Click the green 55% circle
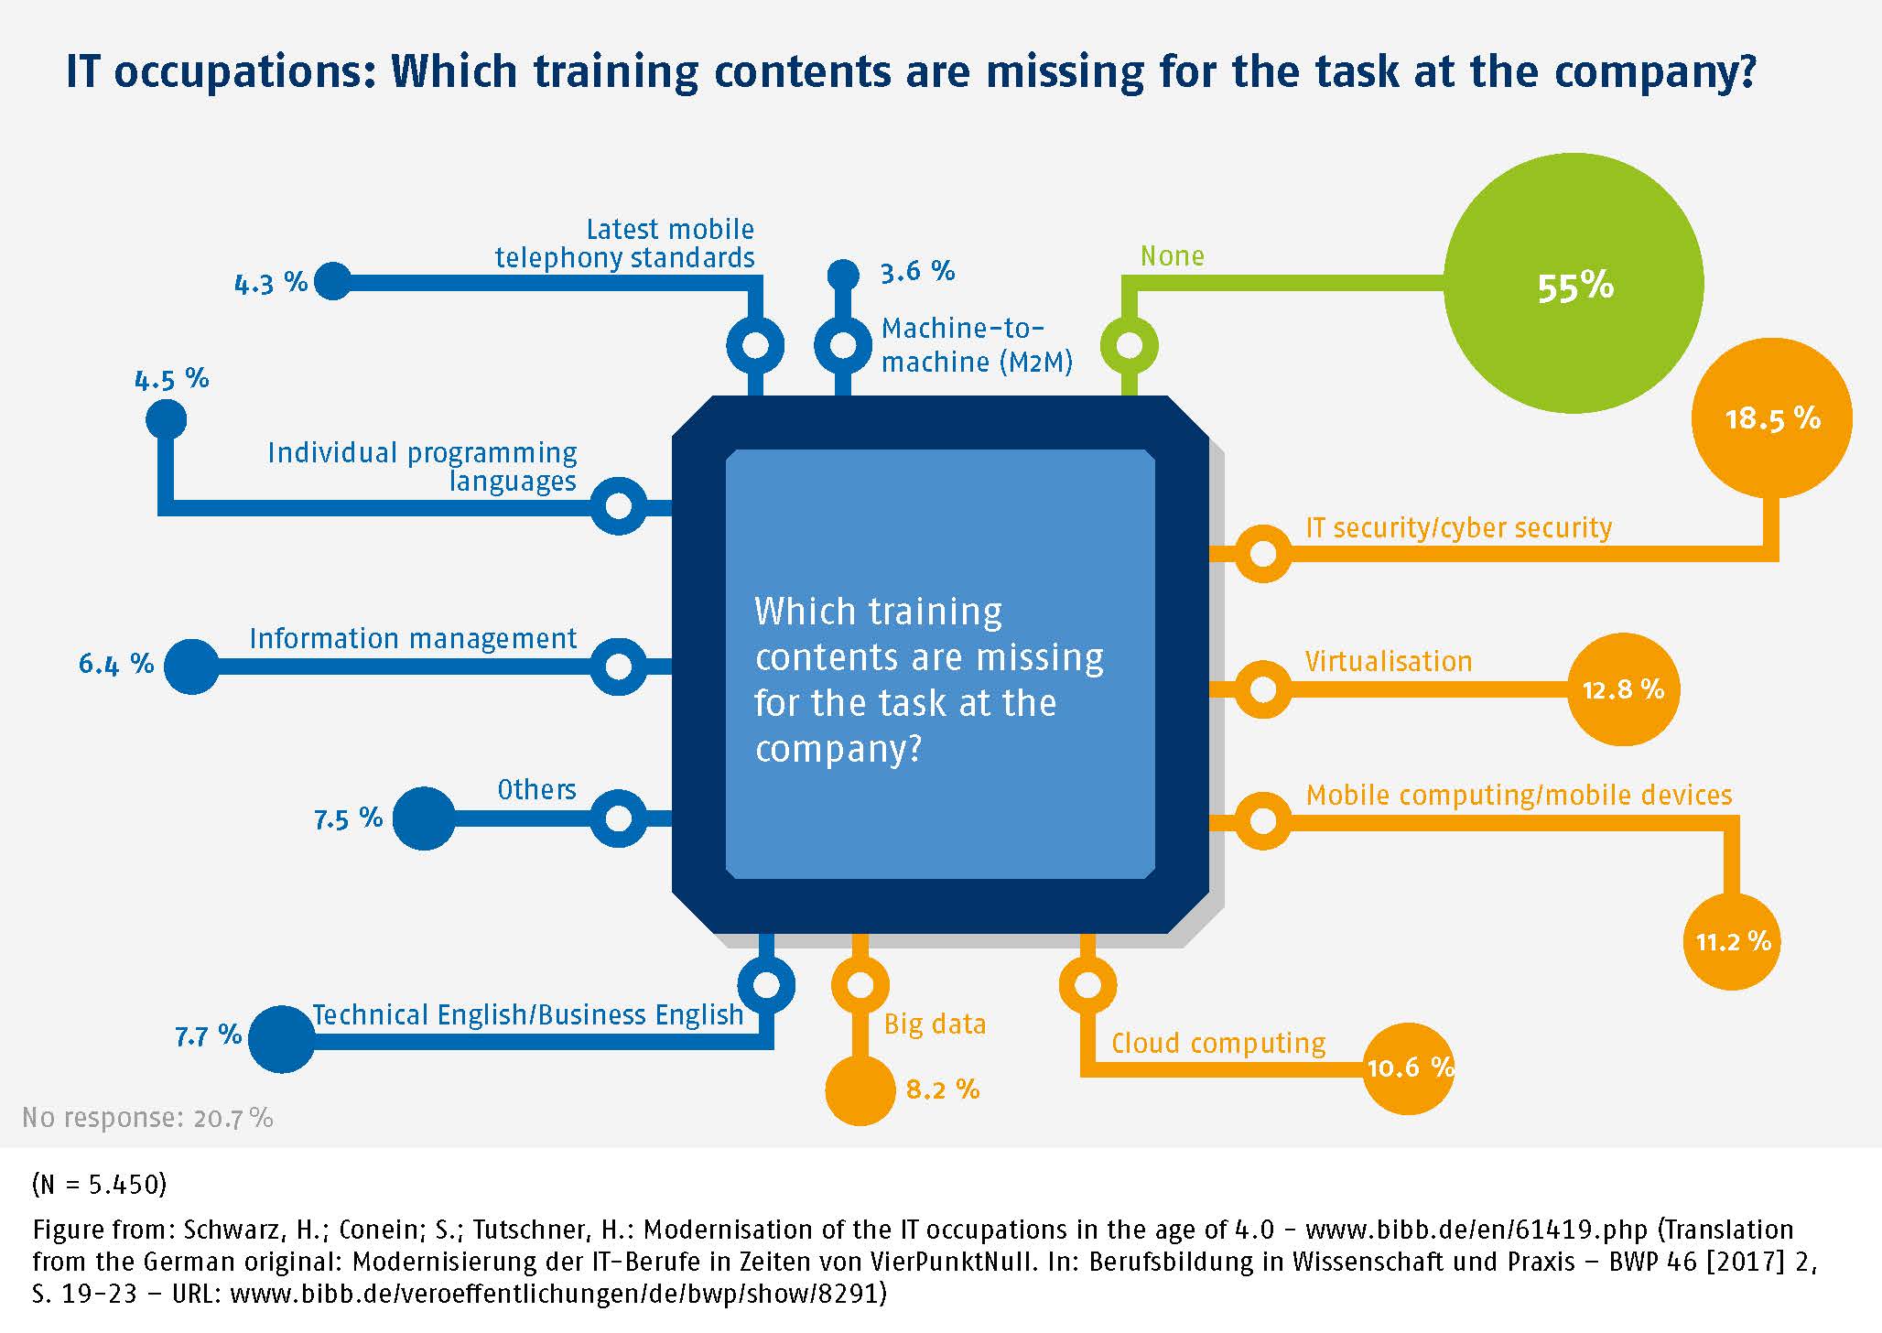(1573, 284)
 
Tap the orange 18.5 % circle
(1772, 418)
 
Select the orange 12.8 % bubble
(1623, 689)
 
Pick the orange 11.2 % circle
(1732, 941)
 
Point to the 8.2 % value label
(943, 1089)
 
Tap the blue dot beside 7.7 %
(282, 1039)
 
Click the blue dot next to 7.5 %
(424, 818)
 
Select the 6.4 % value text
(116, 664)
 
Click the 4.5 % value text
(172, 379)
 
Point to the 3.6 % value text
(917, 272)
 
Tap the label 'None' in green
(1172, 256)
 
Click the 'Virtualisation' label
(1389, 661)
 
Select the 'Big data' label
(935, 1024)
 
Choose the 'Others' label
(536, 789)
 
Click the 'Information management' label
(413, 638)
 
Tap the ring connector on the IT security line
(1263, 553)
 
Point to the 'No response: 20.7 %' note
(147, 1118)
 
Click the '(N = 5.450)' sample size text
(99, 1185)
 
